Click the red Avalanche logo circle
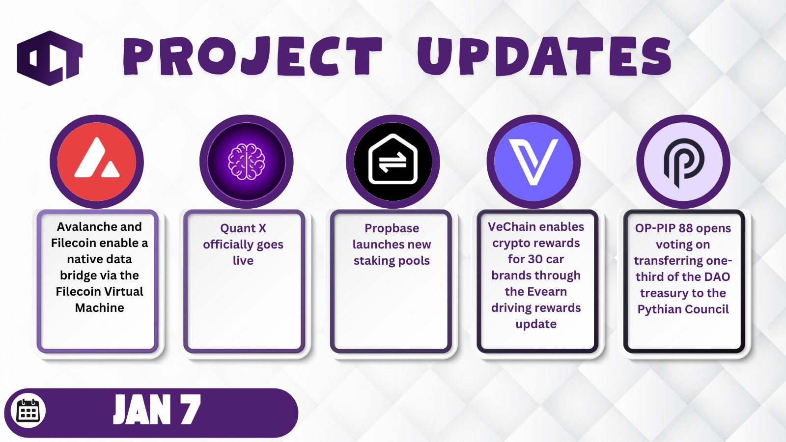point(96,162)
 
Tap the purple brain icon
point(246,162)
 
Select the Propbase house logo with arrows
point(393,159)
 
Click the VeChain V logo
point(533,162)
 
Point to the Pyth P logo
point(683,163)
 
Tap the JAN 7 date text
point(157,410)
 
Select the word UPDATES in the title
point(544,56)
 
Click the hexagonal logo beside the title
point(50,58)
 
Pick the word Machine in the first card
point(99,307)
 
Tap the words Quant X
point(243,228)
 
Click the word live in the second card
point(243,261)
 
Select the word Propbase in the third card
point(392,228)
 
